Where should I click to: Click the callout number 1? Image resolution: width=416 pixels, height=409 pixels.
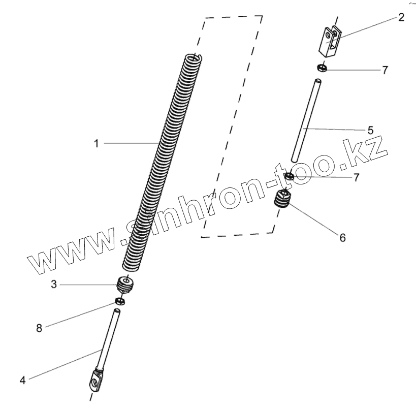(96, 144)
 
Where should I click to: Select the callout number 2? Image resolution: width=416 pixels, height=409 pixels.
(401, 18)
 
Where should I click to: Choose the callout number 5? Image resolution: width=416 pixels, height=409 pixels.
(370, 130)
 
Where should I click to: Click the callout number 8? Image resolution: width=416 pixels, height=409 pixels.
(39, 328)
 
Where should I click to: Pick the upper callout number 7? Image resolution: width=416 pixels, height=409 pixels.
(385, 70)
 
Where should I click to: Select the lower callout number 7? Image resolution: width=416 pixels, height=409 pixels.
(356, 177)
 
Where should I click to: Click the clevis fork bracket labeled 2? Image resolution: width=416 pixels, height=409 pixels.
(329, 40)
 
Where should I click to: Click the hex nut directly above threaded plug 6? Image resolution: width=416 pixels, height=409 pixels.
(289, 177)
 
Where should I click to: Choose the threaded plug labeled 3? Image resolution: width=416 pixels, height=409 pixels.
(125, 284)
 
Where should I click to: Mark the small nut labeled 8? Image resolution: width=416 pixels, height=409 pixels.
(120, 301)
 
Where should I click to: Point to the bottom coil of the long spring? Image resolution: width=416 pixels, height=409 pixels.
(132, 265)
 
